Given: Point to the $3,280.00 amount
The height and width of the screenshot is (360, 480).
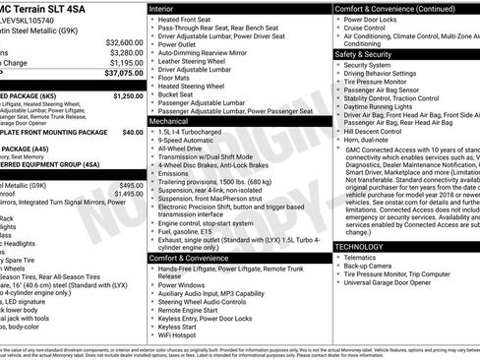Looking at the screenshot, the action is (x=123, y=52).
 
